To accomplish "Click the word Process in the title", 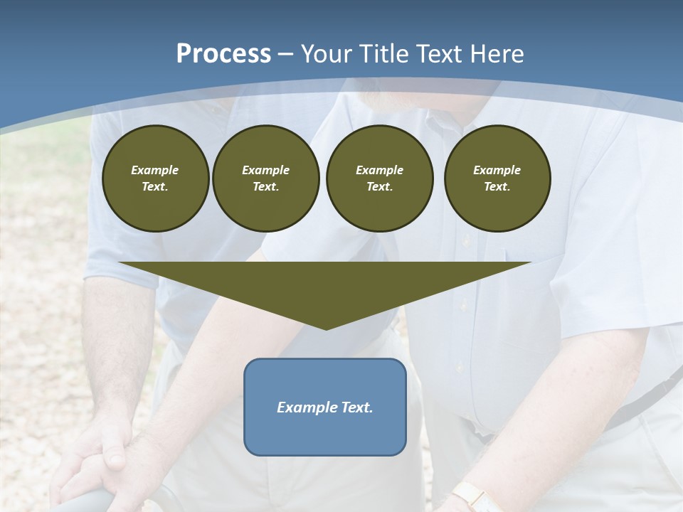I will pyautogui.click(x=223, y=54).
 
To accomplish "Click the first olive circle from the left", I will pyautogui.click(x=155, y=178).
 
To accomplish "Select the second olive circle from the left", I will pyautogui.click(x=265, y=178).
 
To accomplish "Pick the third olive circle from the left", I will pyautogui.click(x=379, y=178).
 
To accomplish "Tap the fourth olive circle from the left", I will pyautogui.click(x=497, y=178).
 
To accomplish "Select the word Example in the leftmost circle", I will pyautogui.click(x=155, y=170).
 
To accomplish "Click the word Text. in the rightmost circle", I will pyautogui.click(x=497, y=187).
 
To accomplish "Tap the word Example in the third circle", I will pyautogui.click(x=379, y=170).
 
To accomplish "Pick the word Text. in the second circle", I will pyautogui.click(x=265, y=187).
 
